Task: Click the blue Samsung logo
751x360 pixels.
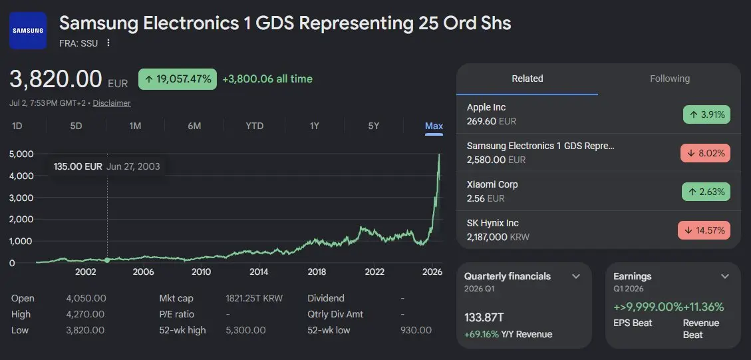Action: (x=28, y=31)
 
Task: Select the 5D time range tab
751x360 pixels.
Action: (x=76, y=126)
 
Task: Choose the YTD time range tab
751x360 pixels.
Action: (x=254, y=126)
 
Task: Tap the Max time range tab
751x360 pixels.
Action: (x=434, y=126)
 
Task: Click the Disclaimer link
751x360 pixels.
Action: (x=112, y=103)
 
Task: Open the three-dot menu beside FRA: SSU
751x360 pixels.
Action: (x=108, y=43)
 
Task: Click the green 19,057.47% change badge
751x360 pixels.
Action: (x=178, y=79)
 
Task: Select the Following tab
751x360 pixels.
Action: (x=670, y=79)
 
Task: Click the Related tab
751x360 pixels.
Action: (x=527, y=79)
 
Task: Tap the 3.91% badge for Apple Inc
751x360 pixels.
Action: (x=706, y=114)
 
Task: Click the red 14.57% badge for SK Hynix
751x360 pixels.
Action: (x=704, y=230)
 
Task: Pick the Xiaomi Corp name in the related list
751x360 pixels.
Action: (x=492, y=184)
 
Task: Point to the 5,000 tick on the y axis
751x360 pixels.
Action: (x=21, y=154)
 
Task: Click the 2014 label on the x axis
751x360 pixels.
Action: (x=259, y=272)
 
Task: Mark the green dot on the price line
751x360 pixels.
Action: (x=107, y=260)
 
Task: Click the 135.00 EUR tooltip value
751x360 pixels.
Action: (x=78, y=167)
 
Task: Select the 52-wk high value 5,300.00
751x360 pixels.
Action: (x=245, y=330)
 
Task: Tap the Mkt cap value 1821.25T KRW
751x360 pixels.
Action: (x=254, y=298)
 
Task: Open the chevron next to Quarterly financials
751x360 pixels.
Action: (x=576, y=277)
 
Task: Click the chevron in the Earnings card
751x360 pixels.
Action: (x=725, y=277)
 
